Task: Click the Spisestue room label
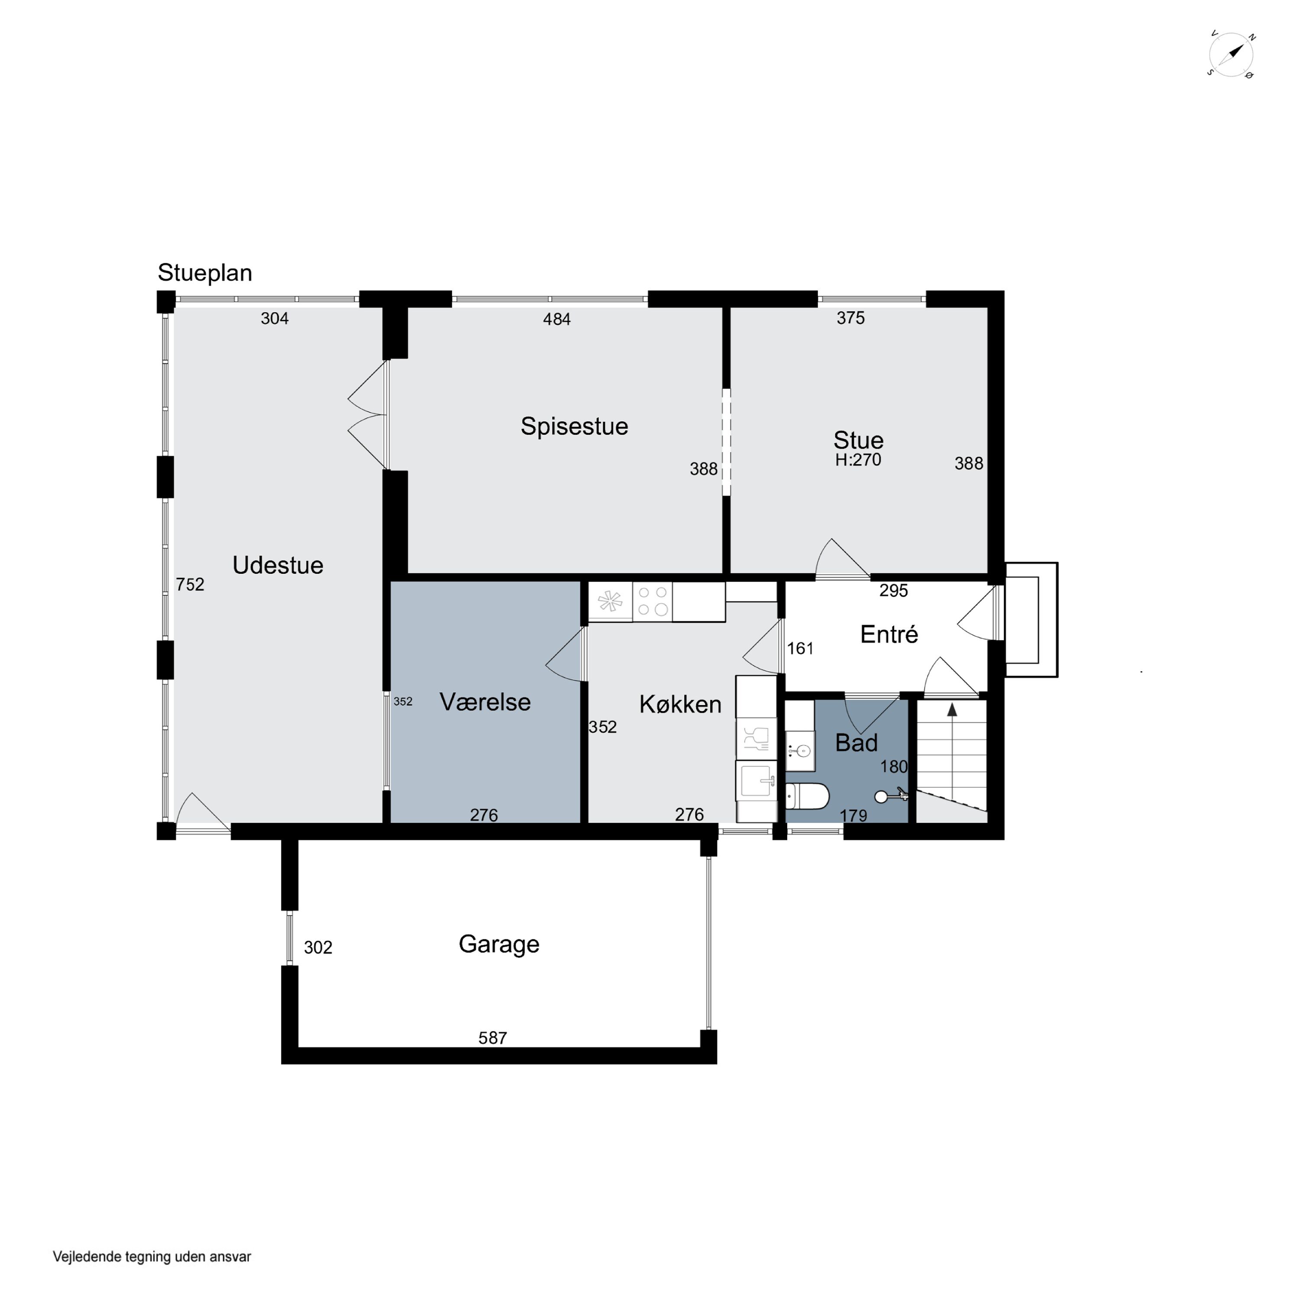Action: coord(574,426)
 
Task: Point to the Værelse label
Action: coord(485,702)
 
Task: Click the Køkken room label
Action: coord(680,704)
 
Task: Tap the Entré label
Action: coord(889,633)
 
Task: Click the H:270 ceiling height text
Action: coord(858,460)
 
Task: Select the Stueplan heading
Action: coord(205,273)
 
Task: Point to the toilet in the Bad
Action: coord(807,796)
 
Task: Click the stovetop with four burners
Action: coord(652,601)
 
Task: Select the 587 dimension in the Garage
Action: coord(493,1038)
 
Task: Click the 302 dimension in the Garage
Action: coord(318,947)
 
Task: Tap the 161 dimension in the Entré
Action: coord(800,648)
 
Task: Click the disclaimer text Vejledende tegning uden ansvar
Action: coord(152,1257)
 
